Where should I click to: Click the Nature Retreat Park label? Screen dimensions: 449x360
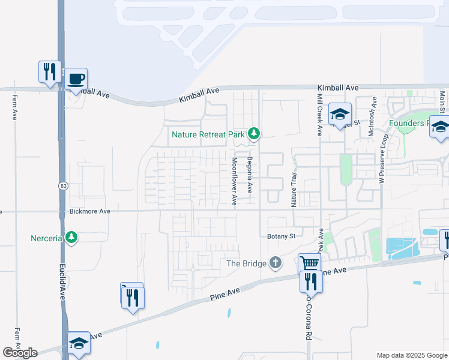pyautogui.click(x=208, y=134)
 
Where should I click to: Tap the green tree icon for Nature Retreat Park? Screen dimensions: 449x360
pyautogui.click(x=254, y=133)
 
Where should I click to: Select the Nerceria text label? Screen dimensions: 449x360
pyautogui.click(x=47, y=238)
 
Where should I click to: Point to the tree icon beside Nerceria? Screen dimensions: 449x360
pyautogui.click(x=71, y=238)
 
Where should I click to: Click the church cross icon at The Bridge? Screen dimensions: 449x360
pyautogui.click(x=275, y=262)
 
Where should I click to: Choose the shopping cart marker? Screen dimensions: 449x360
pyautogui.click(x=309, y=264)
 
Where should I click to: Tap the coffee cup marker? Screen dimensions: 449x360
pyautogui.click(x=76, y=79)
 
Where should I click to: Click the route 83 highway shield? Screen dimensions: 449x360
pyautogui.click(x=62, y=187)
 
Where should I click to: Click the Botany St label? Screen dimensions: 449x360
pyautogui.click(x=282, y=236)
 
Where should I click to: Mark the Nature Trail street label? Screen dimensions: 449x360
pyautogui.click(x=294, y=189)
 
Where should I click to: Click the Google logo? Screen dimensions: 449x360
pyautogui.click(x=20, y=353)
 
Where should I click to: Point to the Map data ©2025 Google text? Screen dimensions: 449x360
pyautogui.click(x=412, y=355)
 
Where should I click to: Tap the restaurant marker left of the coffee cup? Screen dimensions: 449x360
pyautogui.click(x=49, y=71)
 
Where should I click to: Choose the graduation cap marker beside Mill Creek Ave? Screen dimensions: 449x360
pyautogui.click(x=340, y=114)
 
